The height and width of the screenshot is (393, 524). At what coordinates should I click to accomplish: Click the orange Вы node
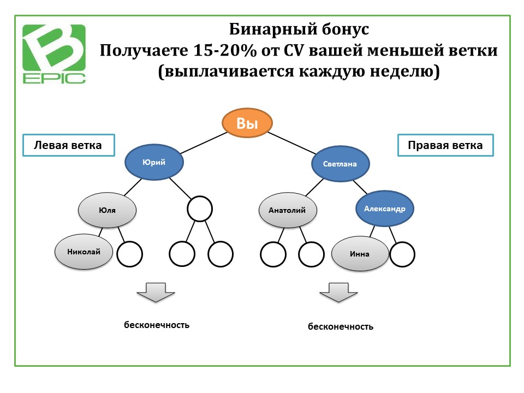(247, 123)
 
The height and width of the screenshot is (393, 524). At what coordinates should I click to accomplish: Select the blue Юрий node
(154, 163)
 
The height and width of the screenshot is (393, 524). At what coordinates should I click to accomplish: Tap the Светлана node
(340, 164)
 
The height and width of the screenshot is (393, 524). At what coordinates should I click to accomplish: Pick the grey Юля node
(108, 210)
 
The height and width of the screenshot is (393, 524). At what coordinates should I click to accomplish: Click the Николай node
(84, 252)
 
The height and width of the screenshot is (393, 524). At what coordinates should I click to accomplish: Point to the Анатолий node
(288, 210)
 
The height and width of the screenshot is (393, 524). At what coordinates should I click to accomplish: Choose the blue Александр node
(385, 209)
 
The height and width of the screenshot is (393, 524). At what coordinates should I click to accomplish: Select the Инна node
(360, 254)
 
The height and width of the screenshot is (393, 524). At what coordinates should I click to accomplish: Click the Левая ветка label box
(69, 145)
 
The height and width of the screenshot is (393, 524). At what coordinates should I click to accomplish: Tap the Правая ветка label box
(445, 145)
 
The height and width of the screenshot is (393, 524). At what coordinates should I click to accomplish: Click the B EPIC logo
(54, 54)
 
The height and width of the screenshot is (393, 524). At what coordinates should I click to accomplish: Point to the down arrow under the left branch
(156, 293)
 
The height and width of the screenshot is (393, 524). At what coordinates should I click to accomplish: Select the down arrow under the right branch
(338, 293)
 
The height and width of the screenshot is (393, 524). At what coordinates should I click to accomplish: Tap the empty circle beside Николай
(130, 254)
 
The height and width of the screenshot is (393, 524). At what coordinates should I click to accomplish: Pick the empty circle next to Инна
(402, 254)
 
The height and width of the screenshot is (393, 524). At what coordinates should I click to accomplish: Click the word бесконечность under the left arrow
(157, 325)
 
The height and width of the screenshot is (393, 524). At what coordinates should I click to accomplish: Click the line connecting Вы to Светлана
(292, 144)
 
